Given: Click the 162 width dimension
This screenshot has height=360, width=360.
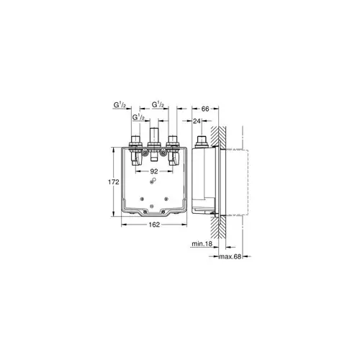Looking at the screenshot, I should [153, 226].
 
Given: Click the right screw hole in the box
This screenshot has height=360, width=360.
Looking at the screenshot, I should [167, 199].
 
